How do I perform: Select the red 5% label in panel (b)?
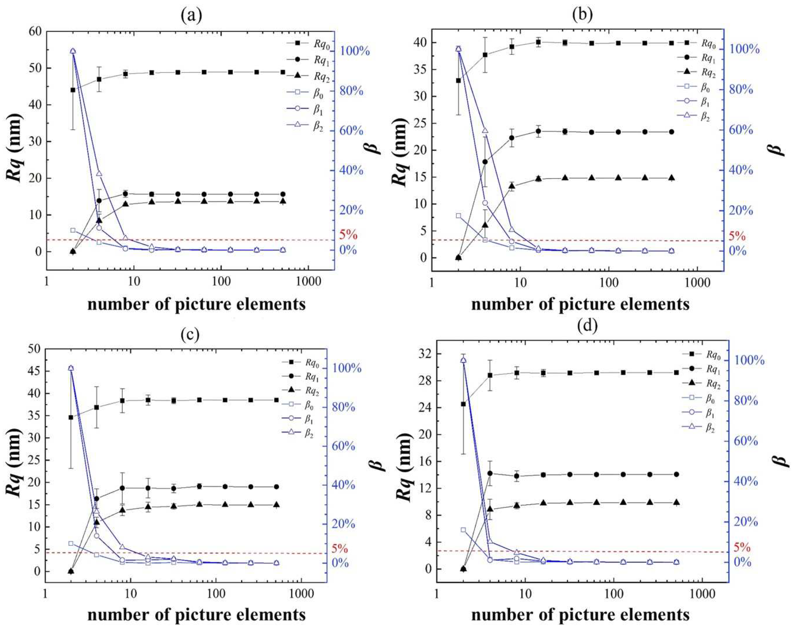coord(736,236)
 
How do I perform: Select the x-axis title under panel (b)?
coord(580,304)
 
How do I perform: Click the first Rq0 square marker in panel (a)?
coord(73,90)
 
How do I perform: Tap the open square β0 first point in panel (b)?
coord(458,216)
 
